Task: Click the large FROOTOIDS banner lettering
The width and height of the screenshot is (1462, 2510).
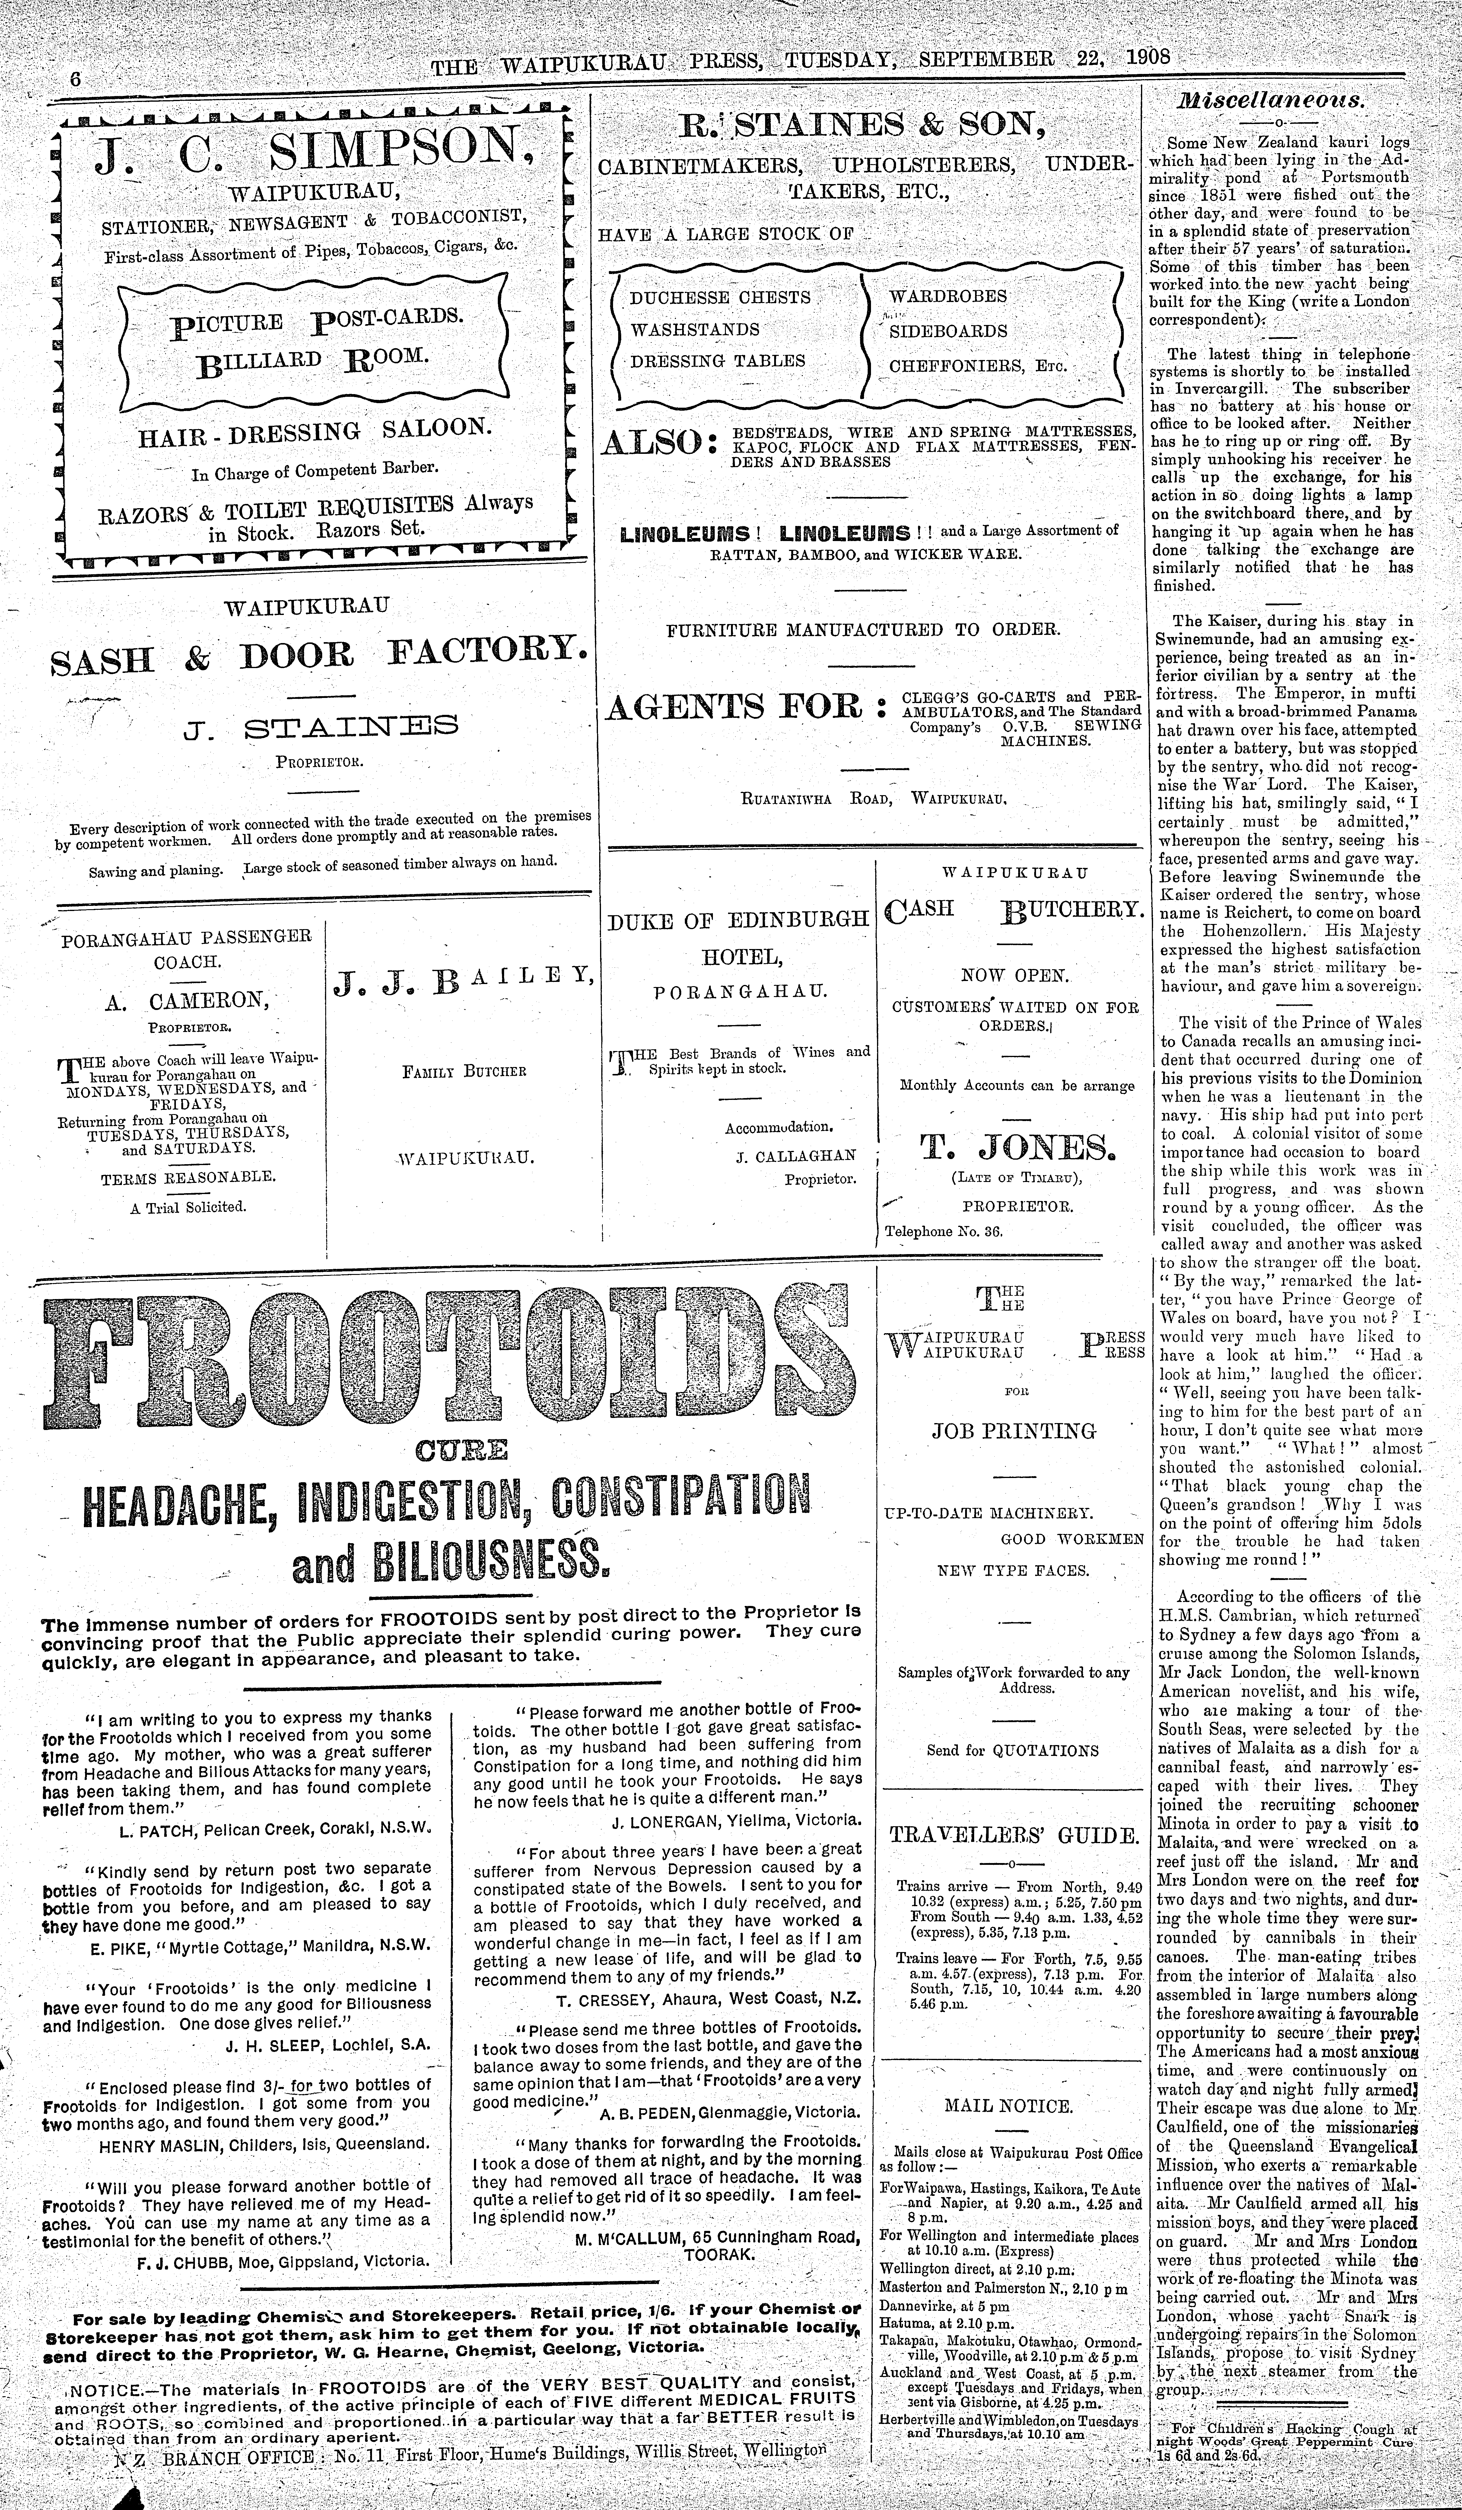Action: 448,1357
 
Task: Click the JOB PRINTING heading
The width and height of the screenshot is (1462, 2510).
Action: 1013,1431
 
